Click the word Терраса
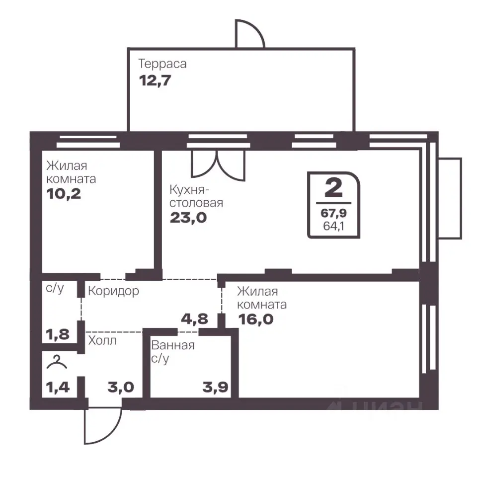coord(162,64)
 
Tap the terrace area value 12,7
coord(155,80)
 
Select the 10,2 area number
coord(64,193)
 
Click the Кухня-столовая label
coord(196,196)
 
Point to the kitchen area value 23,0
coord(188,218)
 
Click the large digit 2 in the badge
coord(334,187)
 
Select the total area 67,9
coord(333,213)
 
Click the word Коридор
coord(113,291)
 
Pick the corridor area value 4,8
coord(194,319)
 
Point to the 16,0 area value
coord(256,319)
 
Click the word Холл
coord(102,340)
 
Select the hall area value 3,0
coord(121,387)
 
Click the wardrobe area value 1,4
coord(58,387)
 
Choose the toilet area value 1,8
coord(58,334)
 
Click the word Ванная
coord(173,345)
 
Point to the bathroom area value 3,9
coord(215,387)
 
